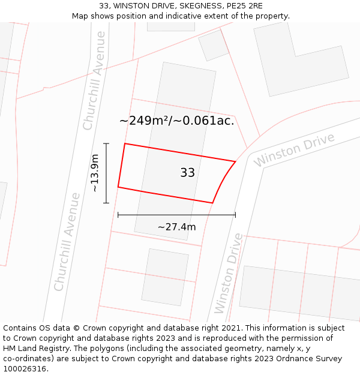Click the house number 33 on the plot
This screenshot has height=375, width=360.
point(187,173)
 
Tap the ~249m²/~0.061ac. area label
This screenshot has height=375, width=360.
point(176,121)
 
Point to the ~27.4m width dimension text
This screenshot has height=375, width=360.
point(176,227)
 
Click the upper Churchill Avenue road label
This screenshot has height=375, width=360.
point(94,80)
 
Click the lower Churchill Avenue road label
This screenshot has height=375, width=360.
point(67,241)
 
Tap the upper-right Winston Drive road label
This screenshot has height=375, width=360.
point(293,150)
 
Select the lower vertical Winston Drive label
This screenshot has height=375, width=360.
point(229,272)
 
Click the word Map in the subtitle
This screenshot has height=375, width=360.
point(80,16)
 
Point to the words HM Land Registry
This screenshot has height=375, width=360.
point(37,349)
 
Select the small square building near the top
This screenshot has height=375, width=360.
point(213,45)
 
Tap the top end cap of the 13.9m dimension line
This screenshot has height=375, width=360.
point(106,143)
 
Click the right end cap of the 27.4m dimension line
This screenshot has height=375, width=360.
point(235,214)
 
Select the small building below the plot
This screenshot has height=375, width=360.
point(164,277)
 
